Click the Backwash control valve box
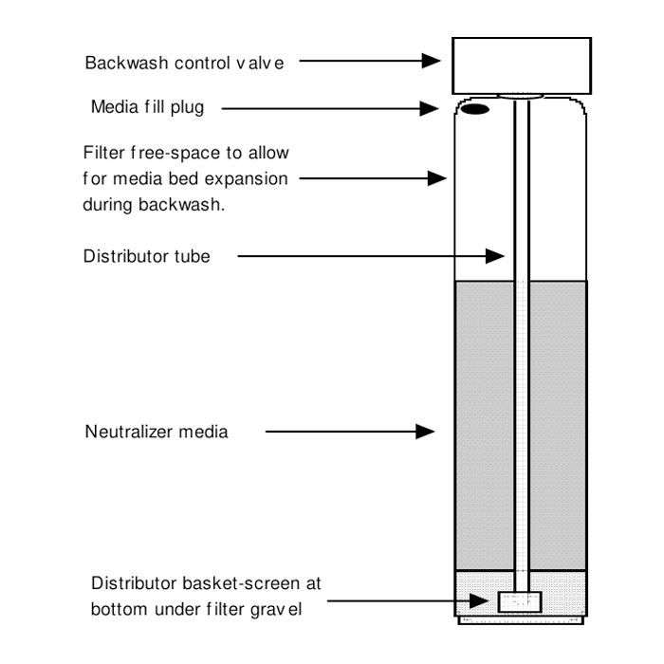click(521, 64)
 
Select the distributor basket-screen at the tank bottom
click(519, 601)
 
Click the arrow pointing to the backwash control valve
click(370, 62)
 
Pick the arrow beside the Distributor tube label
click(370, 255)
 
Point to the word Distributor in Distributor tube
click(120, 255)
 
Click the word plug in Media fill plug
click(186, 106)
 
